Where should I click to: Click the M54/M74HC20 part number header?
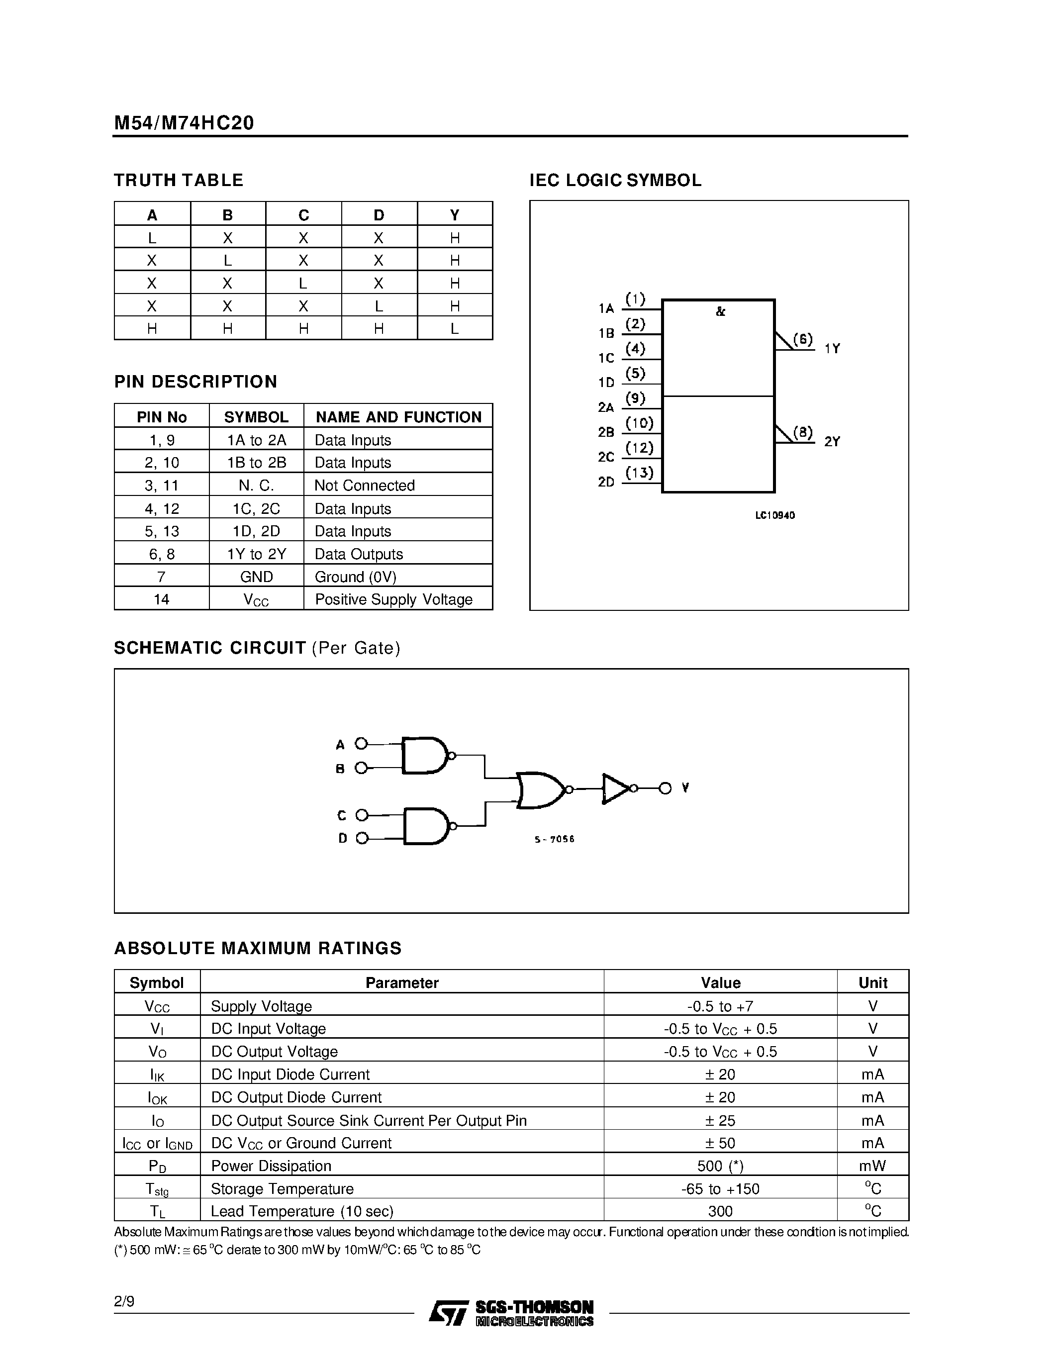pos(184,123)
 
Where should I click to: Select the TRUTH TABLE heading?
pos(179,181)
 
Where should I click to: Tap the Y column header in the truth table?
pos(455,215)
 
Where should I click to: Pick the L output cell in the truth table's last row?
pos(455,329)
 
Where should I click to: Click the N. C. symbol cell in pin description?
pos(256,486)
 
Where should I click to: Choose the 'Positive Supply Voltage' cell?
pos(393,599)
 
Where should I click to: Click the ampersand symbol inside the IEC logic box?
pos(720,311)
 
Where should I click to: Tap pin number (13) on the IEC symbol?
pos(639,472)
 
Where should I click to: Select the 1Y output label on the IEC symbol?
pos(832,349)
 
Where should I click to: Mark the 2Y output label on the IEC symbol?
pos(832,442)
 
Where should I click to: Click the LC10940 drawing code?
pos(774,515)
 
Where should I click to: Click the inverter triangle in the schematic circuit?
pos(615,788)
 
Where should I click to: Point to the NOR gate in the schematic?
pos(540,789)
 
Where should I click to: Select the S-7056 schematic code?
pos(554,839)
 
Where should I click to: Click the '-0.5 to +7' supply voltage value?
pos(720,1006)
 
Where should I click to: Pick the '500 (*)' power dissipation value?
pos(720,1166)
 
